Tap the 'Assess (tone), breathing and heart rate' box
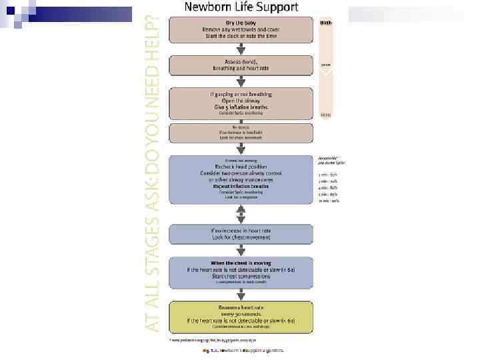tap(241, 65)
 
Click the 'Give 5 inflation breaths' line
tap(241, 107)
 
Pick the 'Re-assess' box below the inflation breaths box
tap(241, 131)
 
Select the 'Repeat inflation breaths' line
tap(241, 186)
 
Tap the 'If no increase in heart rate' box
tap(241, 234)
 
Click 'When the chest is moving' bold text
tap(241, 263)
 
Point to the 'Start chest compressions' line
tap(241, 275)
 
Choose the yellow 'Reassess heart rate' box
tap(241, 317)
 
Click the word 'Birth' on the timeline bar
tap(325, 23)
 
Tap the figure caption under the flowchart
tap(243, 349)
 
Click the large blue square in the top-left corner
tap(9, 9)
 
